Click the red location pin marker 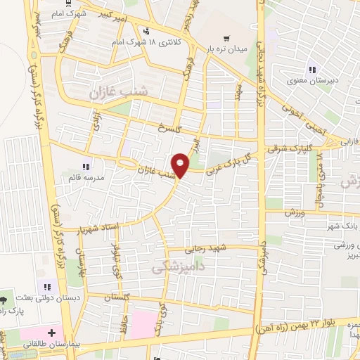(181, 165)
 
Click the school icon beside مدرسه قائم (86, 167)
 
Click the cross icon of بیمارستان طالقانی (51, 332)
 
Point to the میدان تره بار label (229, 50)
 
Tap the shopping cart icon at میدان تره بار (226, 38)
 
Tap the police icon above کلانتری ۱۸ (146, 32)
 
